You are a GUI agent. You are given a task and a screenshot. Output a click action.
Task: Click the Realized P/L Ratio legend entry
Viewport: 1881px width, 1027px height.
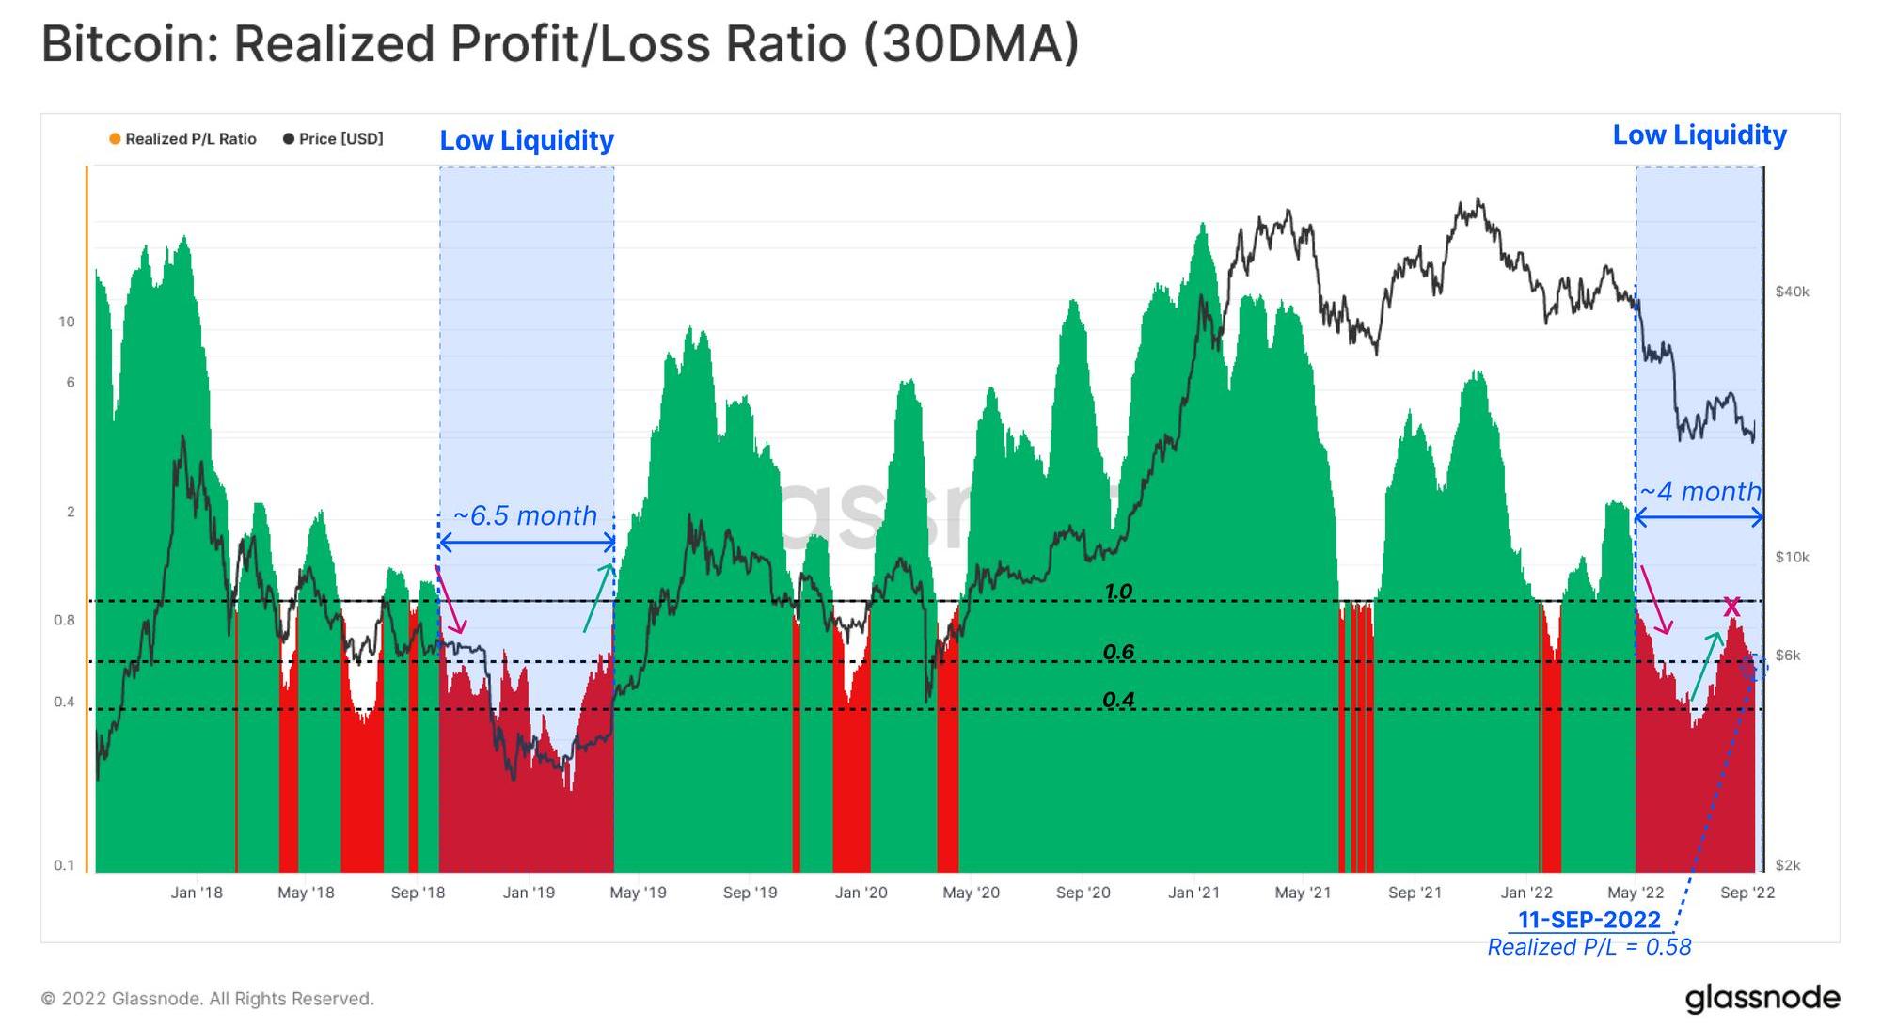[182, 139]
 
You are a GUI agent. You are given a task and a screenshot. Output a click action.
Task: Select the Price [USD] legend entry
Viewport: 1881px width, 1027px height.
[333, 139]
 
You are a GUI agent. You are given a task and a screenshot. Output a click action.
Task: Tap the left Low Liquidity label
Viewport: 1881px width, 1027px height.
[527, 140]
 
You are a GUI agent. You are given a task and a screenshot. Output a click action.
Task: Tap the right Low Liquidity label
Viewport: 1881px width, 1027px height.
[1699, 135]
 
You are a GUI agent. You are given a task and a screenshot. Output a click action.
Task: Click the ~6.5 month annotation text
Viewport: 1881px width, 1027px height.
[525, 515]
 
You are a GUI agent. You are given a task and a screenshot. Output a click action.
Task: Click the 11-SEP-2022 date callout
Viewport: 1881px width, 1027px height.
[1589, 919]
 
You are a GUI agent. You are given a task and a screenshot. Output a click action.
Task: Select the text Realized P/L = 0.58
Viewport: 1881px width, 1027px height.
[1589, 947]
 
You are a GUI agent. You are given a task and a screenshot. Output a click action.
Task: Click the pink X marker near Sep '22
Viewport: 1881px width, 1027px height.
[1731, 607]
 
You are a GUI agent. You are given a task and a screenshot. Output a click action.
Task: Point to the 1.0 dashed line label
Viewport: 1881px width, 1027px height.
[1118, 592]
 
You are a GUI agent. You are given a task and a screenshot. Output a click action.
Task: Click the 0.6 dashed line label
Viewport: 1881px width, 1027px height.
[1118, 652]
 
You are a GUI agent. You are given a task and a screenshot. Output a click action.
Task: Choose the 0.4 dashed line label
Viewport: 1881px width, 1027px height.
[1118, 700]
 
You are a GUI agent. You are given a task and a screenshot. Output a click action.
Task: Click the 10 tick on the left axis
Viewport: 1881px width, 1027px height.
[66, 322]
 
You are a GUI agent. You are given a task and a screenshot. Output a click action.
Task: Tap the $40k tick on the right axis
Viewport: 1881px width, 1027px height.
[1792, 292]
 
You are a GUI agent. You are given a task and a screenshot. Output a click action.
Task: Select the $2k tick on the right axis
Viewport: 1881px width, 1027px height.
[1788, 865]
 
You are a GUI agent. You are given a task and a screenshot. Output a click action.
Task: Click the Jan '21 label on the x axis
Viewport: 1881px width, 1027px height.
[1193, 893]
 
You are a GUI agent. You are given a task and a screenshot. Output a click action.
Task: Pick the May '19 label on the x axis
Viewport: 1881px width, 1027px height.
[638, 893]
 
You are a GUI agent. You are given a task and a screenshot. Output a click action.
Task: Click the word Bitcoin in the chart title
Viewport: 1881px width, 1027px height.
[130, 44]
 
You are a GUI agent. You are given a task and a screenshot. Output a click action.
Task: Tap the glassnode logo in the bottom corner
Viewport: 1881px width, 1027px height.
[1762, 997]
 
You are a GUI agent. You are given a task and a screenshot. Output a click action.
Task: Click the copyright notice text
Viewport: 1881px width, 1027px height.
[207, 999]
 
